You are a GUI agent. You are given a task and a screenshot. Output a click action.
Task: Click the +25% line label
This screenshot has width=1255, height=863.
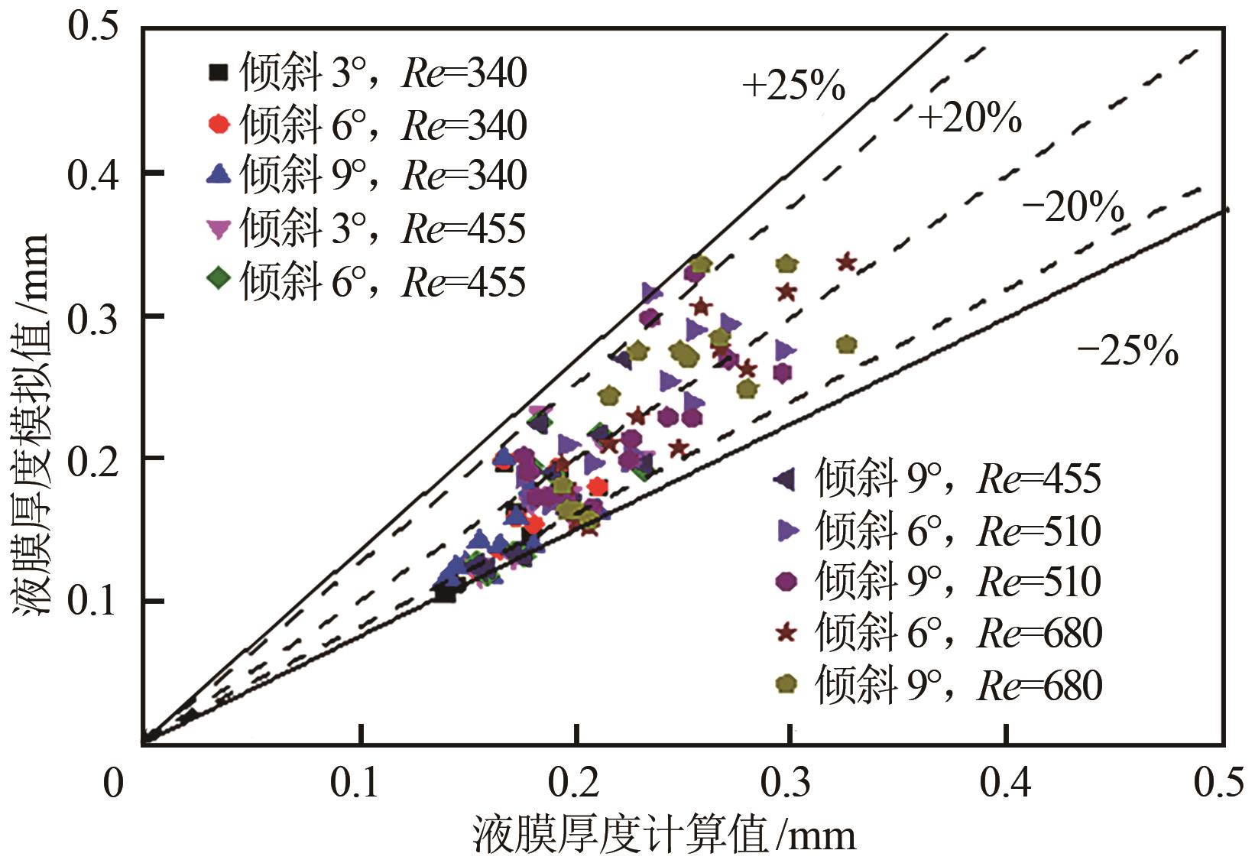point(793,86)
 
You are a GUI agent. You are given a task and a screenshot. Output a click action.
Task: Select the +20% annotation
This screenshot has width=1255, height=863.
point(969,118)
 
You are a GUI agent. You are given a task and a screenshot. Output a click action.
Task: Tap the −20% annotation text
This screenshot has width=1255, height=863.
point(1072,207)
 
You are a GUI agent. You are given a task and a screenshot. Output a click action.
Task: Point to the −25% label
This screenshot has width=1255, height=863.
point(1127,351)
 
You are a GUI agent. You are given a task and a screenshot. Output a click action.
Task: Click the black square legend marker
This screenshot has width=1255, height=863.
point(219,73)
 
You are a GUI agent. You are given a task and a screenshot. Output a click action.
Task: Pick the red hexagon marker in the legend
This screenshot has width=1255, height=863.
point(219,125)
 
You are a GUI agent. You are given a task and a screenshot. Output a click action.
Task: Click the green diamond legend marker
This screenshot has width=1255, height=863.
point(219,279)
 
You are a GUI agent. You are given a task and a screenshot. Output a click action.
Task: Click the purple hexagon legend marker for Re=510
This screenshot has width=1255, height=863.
point(786,581)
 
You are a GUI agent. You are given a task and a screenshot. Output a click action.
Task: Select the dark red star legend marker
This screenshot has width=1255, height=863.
point(786,633)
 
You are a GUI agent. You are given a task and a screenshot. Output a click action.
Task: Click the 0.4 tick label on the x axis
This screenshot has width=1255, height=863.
point(1005,784)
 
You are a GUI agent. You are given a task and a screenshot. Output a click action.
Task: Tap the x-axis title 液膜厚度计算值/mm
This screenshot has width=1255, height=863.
point(664,835)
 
